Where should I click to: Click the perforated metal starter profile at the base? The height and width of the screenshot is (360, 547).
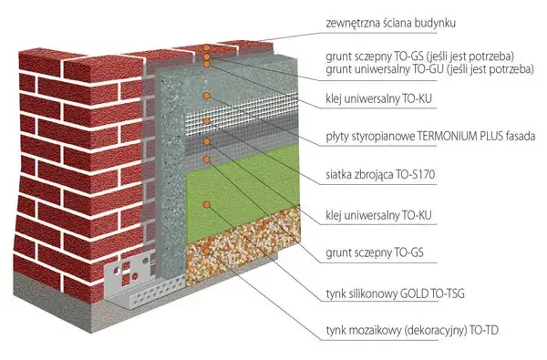[146, 278]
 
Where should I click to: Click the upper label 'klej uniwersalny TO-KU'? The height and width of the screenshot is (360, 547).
[376, 98]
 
